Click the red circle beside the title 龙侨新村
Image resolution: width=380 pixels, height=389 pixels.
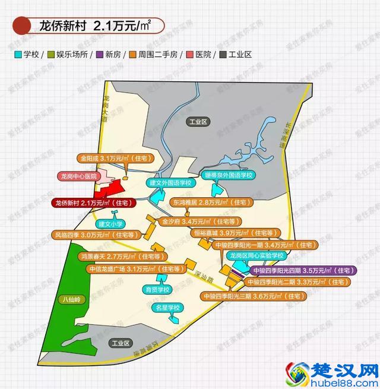point(22,26)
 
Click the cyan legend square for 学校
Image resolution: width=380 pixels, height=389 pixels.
point(18,54)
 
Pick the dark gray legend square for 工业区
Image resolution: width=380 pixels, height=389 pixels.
point(222,54)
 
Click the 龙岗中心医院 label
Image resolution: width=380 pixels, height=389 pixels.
point(78,176)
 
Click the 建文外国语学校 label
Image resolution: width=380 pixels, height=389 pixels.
point(170,182)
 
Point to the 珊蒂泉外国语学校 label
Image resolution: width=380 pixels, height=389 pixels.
point(229,175)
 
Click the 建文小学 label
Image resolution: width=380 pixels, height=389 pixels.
point(110,224)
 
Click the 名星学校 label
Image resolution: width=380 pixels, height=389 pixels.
point(167,308)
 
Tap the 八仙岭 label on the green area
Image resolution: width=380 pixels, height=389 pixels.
point(69,300)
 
